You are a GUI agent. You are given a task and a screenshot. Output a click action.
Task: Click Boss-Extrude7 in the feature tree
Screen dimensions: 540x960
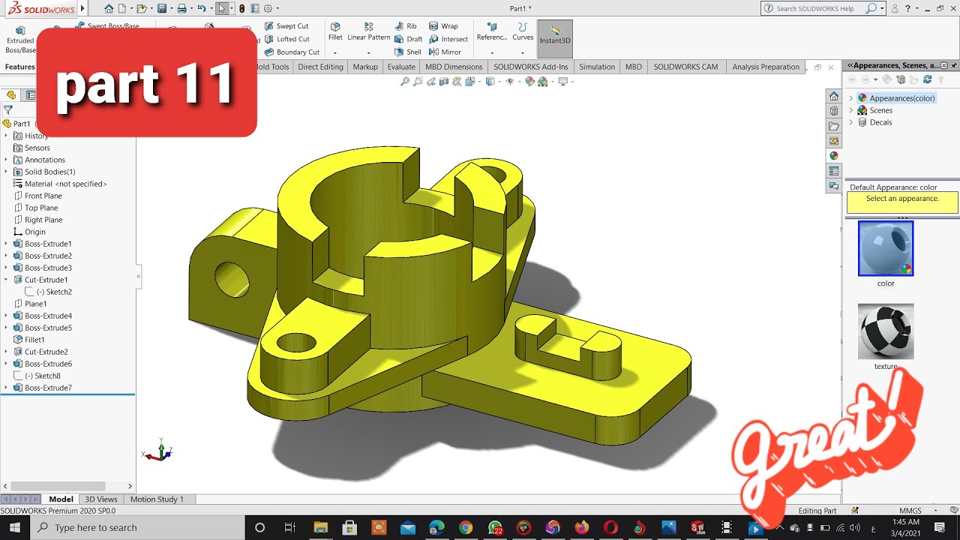coord(48,388)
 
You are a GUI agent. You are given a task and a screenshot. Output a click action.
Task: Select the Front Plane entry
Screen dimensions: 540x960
coord(43,196)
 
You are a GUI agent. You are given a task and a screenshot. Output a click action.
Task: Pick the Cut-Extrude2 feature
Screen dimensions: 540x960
coord(46,352)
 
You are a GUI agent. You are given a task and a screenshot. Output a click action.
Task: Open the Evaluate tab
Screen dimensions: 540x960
coord(401,67)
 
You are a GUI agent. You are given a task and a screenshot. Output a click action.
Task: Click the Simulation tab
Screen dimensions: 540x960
coord(597,67)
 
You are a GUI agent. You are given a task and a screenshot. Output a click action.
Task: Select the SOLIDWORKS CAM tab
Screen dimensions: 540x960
coord(685,67)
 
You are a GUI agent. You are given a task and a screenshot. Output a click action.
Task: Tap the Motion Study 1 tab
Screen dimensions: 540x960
coord(157,499)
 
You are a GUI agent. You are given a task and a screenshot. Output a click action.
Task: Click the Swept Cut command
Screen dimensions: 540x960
coord(292,26)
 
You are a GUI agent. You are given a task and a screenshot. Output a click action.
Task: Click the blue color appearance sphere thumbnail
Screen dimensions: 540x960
coord(886,248)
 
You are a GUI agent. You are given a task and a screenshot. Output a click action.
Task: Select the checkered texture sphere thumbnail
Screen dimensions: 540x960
coord(886,331)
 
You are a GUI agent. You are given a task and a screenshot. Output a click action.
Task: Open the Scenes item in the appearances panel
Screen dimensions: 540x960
coord(880,110)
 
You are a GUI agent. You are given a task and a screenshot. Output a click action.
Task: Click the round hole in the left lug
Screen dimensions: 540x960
coord(231,278)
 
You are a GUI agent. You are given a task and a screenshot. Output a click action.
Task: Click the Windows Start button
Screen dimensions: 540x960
coord(15,527)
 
